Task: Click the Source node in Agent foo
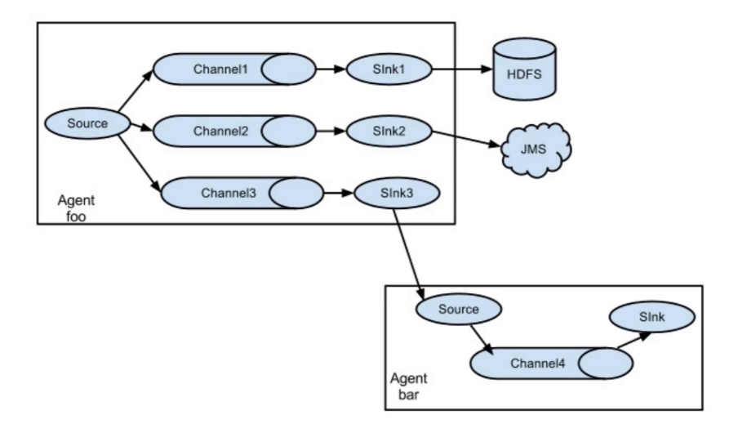tap(87, 123)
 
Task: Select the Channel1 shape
tap(234, 69)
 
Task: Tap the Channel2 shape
tap(234, 131)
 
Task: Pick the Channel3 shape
tap(242, 193)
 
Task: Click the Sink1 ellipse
tap(389, 69)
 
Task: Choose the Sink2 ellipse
tap(389, 132)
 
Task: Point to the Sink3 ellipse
tap(397, 193)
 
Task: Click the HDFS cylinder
tap(524, 69)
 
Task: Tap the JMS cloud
tap(536, 150)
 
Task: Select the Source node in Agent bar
tap(459, 309)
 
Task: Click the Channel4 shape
tap(552, 364)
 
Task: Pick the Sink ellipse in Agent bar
tap(652, 317)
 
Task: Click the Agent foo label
tap(76, 208)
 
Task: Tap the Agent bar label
tap(409, 386)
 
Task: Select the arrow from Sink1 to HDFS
tap(462, 69)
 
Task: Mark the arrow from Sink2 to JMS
tap(466, 139)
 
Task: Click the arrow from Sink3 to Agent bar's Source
tap(409, 254)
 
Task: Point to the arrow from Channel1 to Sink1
tap(331, 69)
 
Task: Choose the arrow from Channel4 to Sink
tap(634, 340)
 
